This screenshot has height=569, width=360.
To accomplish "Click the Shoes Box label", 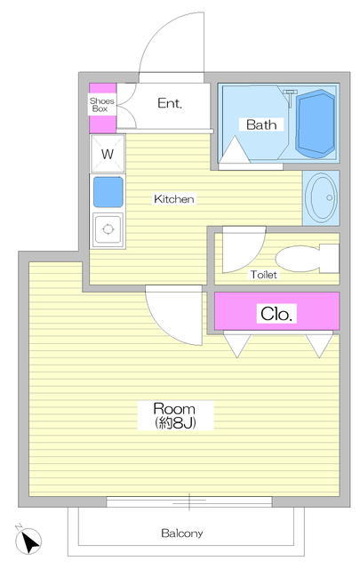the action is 102,105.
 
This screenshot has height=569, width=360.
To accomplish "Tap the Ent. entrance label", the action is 170,103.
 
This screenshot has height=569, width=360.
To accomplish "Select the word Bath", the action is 261,124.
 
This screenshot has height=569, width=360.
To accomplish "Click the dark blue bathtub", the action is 315,124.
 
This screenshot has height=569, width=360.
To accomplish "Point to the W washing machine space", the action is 108,154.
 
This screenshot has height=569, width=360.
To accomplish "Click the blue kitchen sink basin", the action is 108,192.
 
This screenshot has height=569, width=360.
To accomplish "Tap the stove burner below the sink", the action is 108,229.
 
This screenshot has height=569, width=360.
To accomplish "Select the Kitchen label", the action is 174,199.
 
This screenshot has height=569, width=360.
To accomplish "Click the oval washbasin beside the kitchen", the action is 322,197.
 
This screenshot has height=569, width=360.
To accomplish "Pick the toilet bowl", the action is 307,259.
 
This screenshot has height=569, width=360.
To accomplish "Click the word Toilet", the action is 264,275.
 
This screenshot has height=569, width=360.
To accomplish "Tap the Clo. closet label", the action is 276,314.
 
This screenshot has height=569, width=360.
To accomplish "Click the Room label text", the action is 174,409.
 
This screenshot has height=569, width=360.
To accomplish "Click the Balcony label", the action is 182,533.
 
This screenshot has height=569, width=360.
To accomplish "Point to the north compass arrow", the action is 28,541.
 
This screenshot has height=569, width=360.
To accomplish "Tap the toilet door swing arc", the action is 255,257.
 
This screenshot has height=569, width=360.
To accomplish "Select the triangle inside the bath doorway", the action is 235,149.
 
